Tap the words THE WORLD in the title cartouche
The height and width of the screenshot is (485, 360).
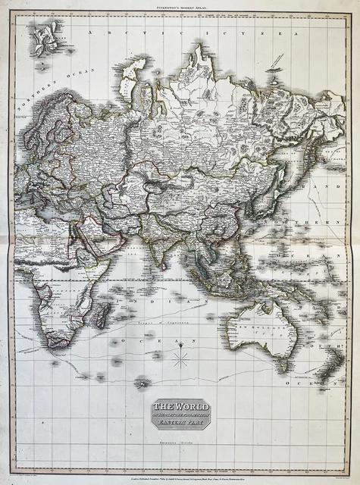pyautogui.click(x=180, y=407)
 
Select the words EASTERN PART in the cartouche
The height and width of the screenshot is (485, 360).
pyautogui.click(x=180, y=423)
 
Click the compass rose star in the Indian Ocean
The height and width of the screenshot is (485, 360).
pyautogui.click(x=180, y=360)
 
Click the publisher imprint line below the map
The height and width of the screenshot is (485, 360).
pyautogui.click(x=180, y=471)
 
